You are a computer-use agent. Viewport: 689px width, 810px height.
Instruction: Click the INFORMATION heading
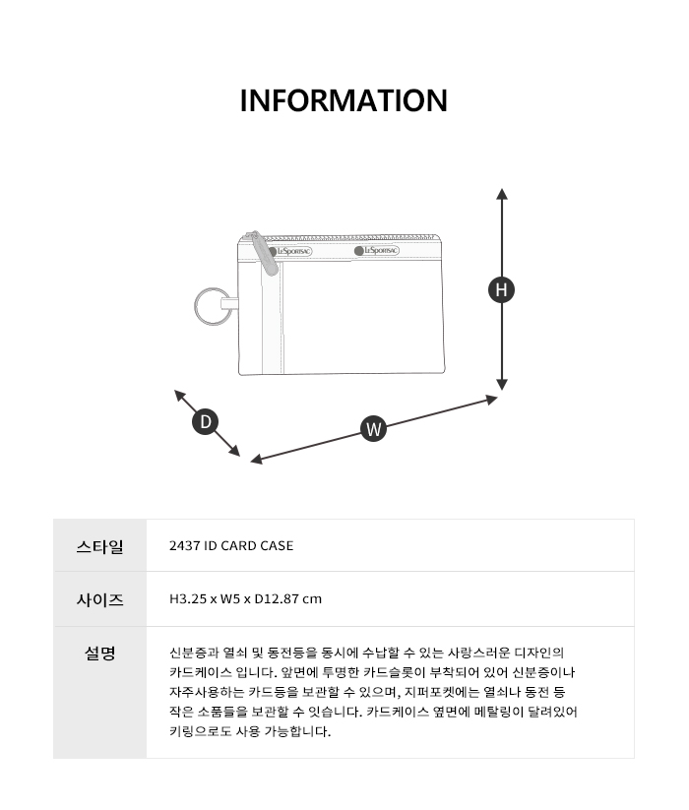click(x=344, y=100)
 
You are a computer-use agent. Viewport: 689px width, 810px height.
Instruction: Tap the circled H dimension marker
click(x=501, y=289)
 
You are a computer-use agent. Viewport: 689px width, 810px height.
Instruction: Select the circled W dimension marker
click(x=373, y=429)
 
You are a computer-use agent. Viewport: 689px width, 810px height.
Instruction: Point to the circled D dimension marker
click(x=205, y=421)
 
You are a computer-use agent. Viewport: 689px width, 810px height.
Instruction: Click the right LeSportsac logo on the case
click(x=377, y=251)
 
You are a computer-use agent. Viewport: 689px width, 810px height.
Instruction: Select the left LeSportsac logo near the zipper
click(x=289, y=252)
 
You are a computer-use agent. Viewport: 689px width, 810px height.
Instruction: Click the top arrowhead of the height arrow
click(x=502, y=194)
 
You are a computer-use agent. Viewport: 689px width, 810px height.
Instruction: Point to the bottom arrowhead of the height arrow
click(x=502, y=385)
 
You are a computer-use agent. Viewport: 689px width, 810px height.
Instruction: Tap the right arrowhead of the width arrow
click(x=492, y=400)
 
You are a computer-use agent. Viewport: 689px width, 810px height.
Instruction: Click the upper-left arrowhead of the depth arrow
click(x=180, y=396)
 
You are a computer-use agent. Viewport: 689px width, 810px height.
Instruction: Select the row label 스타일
click(x=99, y=546)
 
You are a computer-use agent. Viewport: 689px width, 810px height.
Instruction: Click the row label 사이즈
click(x=99, y=599)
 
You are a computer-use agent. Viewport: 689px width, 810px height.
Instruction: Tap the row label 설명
click(x=99, y=653)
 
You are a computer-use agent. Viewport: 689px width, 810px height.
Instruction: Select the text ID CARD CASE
click(x=249, y=546)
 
